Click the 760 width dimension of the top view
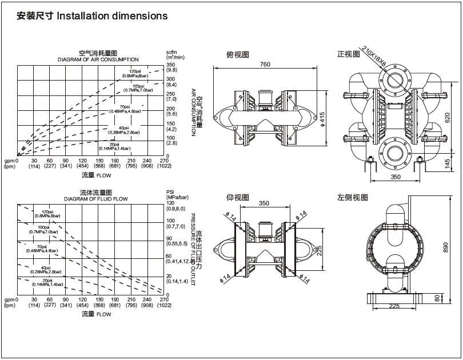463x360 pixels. (265, 65)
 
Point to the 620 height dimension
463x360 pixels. (448, 118)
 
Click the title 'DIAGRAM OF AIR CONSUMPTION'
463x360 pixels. (98, 59)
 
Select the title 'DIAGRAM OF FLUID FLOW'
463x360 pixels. (96, 198)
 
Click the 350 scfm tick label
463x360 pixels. (170, 64)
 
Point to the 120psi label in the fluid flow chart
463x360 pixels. (47, 213)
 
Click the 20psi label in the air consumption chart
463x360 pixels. (116, 145)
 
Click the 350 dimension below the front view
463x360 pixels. (396, 177)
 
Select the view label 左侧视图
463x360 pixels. (353, 197)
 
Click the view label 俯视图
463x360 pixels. (238, 55)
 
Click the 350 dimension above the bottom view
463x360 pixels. (264, 203)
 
